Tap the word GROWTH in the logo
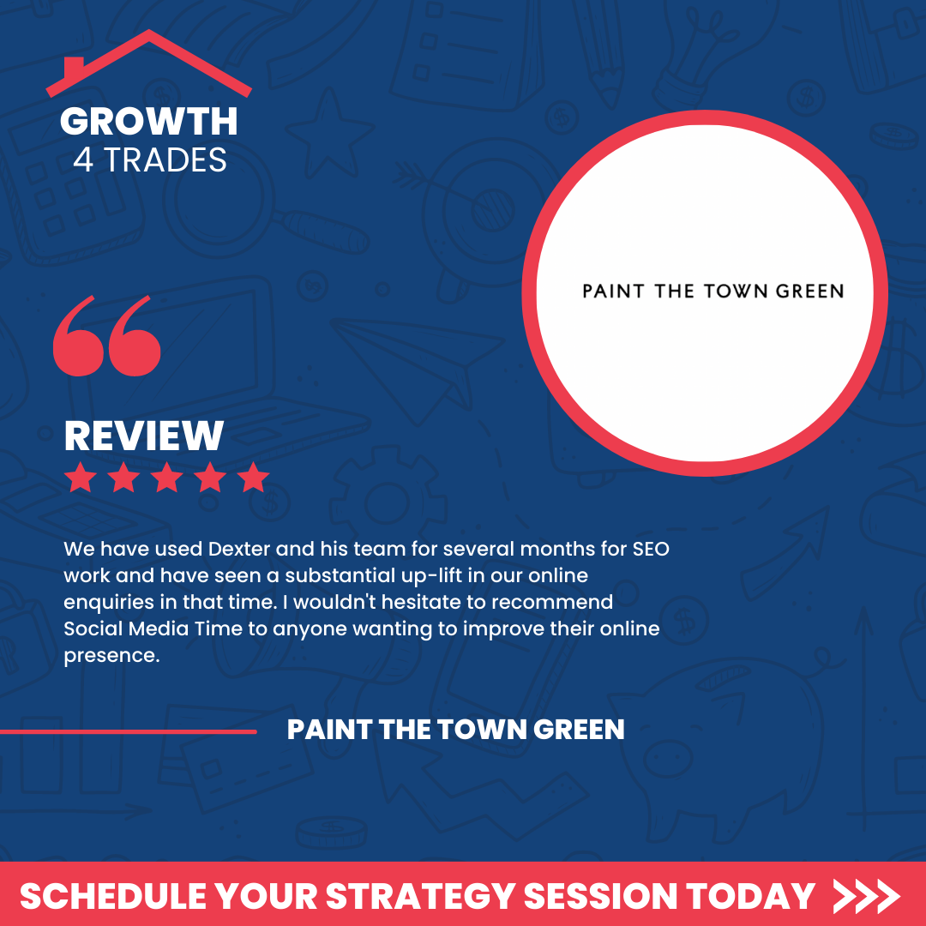click(x=149, y=122)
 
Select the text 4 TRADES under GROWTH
click(x=150, y=160)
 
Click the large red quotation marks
click(x=107, y=335)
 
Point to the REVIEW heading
click(x=143, y=436)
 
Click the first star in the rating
click(x=81, y=478)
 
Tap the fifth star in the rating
click(x=253, y=478)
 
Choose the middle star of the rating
click(x=166, y=478)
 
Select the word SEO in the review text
click(x=651, y=549)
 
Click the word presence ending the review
click(x=111, y=656)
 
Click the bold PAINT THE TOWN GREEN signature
click(x=455, y=730)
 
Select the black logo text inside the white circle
click(x=713, y=292)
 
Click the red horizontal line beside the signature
click(x=128, y=731)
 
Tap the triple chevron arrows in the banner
click(x=866, y=897)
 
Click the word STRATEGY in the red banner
click(x=421, y=897)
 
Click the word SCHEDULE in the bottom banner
click(x=113, y=897)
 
